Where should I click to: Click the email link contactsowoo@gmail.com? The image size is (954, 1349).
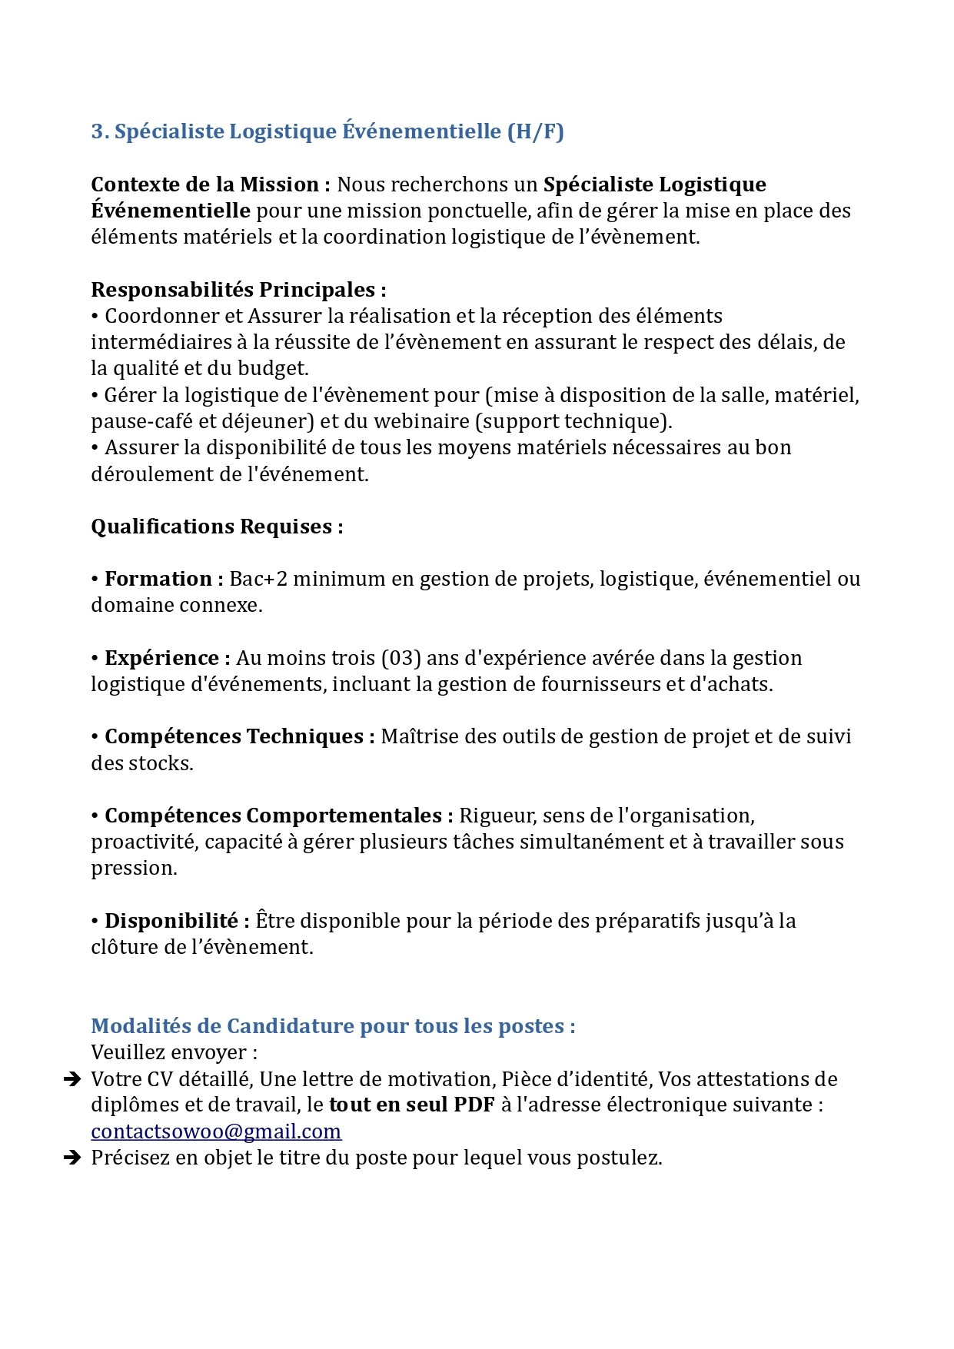[216, 1131]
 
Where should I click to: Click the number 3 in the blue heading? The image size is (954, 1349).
[98, 131]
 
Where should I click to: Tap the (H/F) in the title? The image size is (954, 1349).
[535, 131]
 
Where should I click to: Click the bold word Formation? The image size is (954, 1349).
[158, 579]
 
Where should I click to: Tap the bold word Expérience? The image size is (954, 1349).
[162, 658]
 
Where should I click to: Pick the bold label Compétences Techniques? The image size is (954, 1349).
[234, 736]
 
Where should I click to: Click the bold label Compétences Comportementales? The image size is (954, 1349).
[273, 816]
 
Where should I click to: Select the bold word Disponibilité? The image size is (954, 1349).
[171, 921]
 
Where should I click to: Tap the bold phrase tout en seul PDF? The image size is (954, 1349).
[411, 1105]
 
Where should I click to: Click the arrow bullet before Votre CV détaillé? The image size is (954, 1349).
[72, 1079]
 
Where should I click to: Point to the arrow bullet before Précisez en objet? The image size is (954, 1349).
[72, 1158]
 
